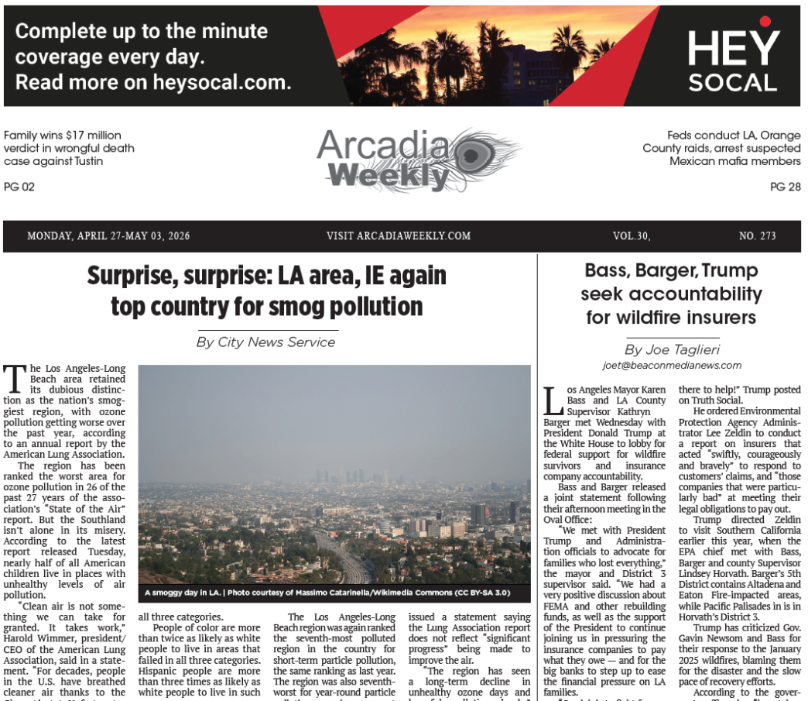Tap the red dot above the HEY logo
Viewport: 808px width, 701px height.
pyautogui.click(x=765, y=22)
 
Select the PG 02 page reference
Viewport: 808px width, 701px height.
pyautogui.click(x=19, y=187)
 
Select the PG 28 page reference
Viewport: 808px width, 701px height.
pyautogui.click(x=785, y=187)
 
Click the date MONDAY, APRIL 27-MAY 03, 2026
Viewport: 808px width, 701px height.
pyautogui.click(x=108, y=236)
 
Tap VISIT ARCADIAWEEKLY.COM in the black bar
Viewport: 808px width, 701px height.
pyautogui.click(x=399, y=236)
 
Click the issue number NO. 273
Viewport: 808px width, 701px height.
pyautogui.click(x=757, y=236)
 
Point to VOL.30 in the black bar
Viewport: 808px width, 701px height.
pyautogui.click(x=631, y=236)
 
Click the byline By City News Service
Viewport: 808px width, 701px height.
pyautogui.click(x=265, y=342)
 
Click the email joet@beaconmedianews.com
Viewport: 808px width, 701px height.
pyautogui.click(x=671, y=366)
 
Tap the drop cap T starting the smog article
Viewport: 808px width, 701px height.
pyautogui.click(x=13, y=378)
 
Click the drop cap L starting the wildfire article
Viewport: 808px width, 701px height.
pyautogui.click(x=553, y=401)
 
